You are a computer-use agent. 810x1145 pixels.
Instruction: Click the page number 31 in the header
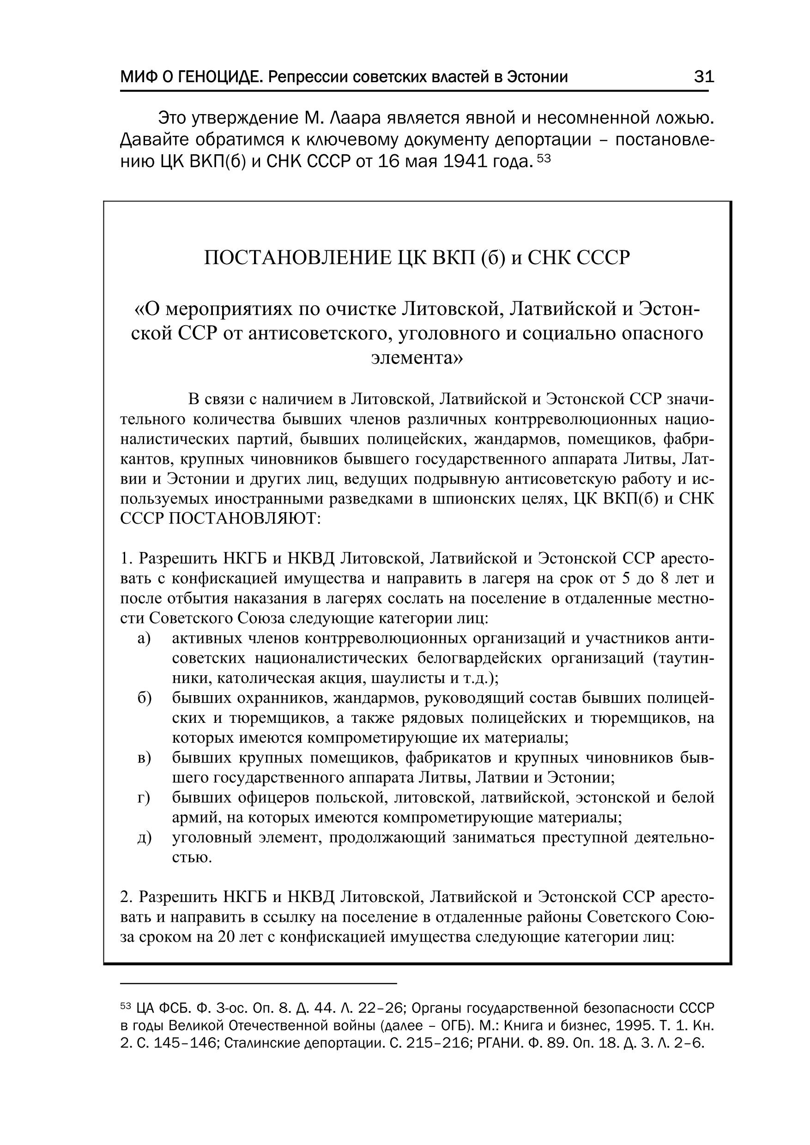click(704, 77)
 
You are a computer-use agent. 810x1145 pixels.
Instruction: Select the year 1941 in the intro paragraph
click(465, 162)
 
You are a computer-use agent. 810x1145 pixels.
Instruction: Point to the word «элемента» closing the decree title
click(417, 357)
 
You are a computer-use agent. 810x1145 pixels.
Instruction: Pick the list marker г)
click(144, 798)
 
